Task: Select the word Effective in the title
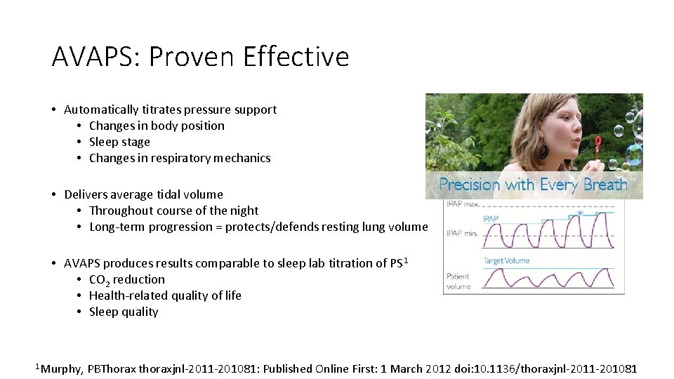(x=296, y=56)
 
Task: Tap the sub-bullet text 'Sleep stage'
(x=119, y=142)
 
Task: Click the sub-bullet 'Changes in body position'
(x=157, y=126)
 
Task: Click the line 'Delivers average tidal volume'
(x=143, y=194)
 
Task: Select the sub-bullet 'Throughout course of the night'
(x=173, y=211)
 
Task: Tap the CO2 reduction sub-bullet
(x=126, y=279)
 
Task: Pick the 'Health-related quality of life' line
(x=165, y=295)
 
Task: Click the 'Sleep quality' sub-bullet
(x=124, y=312)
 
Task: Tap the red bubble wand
(x=598, y=145)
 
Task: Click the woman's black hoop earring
(x=544, y=150)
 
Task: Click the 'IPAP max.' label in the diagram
(x=461, y=204)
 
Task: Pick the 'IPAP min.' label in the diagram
(x=461, y=232)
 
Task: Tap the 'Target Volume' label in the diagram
(x=505, y=261)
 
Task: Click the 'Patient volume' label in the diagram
(x=458, y=281)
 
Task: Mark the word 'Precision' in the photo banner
(x=469, y=185)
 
